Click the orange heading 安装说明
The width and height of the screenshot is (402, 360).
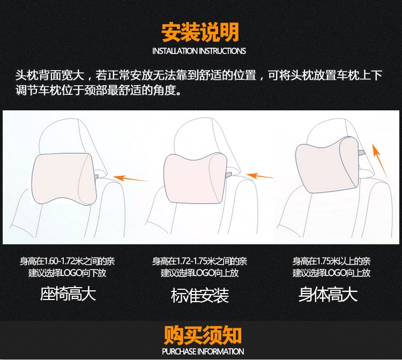[200, 32]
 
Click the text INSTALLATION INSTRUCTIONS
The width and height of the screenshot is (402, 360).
[199, 51]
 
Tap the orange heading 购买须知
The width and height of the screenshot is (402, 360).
[203, 335]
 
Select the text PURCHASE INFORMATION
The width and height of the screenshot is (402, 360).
[203, 351]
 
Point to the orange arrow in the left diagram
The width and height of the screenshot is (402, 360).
[131, 178]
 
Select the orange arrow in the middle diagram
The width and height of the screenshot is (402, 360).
[260, 176]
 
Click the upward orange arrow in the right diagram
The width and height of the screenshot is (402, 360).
[380, 161]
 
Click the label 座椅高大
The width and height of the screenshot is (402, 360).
[68, 294]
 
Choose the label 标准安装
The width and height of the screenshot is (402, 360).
[200, 295]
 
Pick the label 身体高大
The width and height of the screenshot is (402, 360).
[328, 294]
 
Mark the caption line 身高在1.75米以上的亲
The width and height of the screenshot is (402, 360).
[331, 261]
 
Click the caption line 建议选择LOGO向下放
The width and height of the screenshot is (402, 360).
[67, 273]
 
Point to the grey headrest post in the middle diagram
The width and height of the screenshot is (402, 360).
[228, 175]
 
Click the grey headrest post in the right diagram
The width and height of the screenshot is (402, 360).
[361, 153]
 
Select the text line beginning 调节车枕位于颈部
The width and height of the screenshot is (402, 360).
[99, 90]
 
